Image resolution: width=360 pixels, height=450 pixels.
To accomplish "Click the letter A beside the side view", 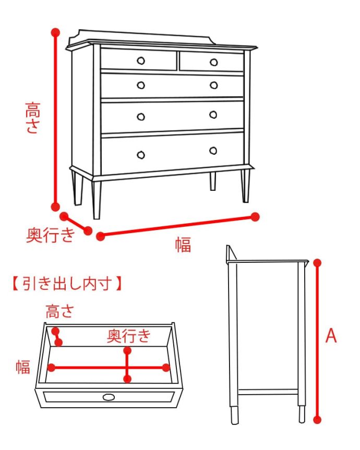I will [x=331, y=336].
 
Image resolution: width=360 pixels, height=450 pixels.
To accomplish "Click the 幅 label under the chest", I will [x=183, y=244].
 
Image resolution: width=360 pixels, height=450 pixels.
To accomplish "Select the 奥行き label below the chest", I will [x=50, y=236].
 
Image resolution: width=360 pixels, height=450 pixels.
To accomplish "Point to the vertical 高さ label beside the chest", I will [x=32, y=118].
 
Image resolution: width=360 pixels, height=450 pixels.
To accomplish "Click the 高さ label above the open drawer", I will [x=59, y=312].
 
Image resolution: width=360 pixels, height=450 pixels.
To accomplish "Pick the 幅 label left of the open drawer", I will [x=22, y=367].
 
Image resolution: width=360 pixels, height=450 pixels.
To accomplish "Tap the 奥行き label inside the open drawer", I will [x=128, y=336].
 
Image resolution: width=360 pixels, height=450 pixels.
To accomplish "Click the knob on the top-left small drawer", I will [x=140, y=60].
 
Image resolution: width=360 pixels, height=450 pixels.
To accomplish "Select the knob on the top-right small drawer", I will [x=213, y=63].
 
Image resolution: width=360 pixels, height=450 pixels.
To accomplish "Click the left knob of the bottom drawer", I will [x=140, y=154].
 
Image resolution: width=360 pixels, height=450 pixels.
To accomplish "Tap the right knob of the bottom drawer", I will [x=213, y=151].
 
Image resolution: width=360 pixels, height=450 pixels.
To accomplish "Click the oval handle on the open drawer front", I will [x=109, y=397].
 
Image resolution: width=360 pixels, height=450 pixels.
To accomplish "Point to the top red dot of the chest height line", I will [x=55, y=32].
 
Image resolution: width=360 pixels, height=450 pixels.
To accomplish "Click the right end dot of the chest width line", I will [x=255, y=216].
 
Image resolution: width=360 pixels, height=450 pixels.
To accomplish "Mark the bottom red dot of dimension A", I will [x=317, y=419].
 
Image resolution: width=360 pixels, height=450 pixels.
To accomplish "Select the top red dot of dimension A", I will [x=317, y=262].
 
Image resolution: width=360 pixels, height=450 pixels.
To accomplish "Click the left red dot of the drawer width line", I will [x=51, y=368].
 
